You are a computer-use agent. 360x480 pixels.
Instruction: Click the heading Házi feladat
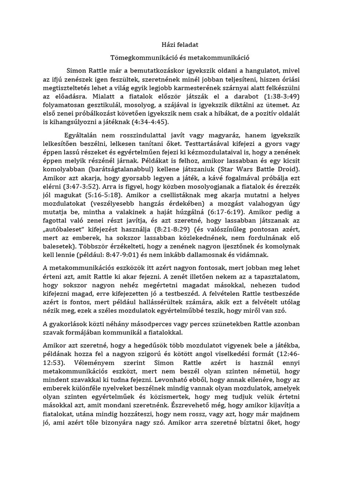pyautogui.click(x=180, y=45)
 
